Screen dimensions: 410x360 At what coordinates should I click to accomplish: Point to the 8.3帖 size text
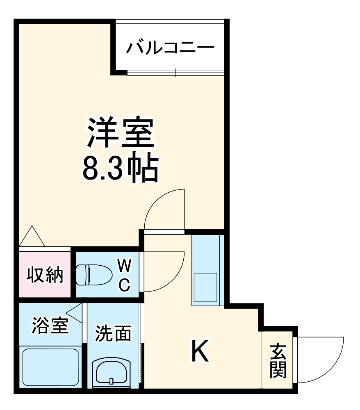[x=120, y=168]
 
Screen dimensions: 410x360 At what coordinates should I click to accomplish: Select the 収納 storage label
[x=45, y=275]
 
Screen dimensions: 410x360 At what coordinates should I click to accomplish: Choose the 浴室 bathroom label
[x=50, y=326]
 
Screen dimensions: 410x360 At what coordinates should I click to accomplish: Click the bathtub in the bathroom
[x=50, y=367]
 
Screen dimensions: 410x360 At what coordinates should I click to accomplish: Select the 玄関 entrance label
[x=278, y=361]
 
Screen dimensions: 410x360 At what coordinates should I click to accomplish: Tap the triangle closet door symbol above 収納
[x=32, y=237]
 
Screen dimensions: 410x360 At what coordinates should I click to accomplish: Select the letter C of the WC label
[x=125, y=284]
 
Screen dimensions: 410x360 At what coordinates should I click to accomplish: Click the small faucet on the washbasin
[x=112, y=381]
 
